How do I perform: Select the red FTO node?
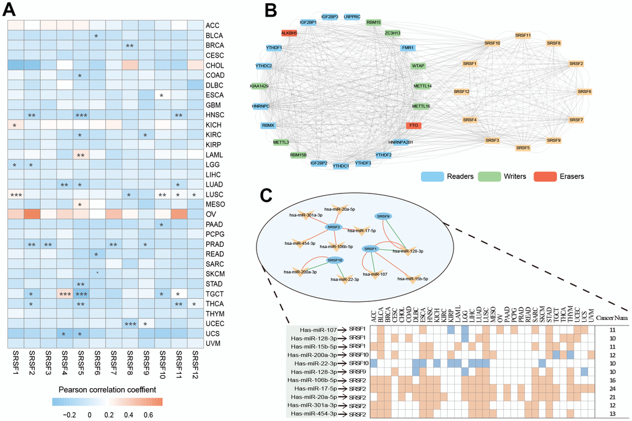[x=414, y=125]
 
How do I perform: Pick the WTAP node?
[x=419, y=66]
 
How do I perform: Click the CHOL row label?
[x=215, y=65]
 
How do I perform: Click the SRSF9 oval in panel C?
[x=382, y=216]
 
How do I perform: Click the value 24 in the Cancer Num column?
[x=610, y=388]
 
